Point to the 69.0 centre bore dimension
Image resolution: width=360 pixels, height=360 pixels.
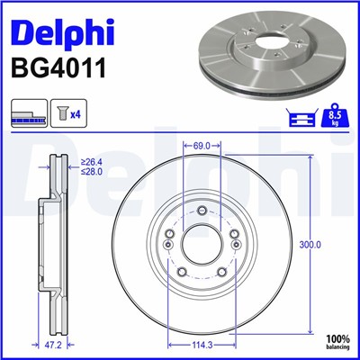202,145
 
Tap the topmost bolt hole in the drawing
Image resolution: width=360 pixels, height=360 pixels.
202,211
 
